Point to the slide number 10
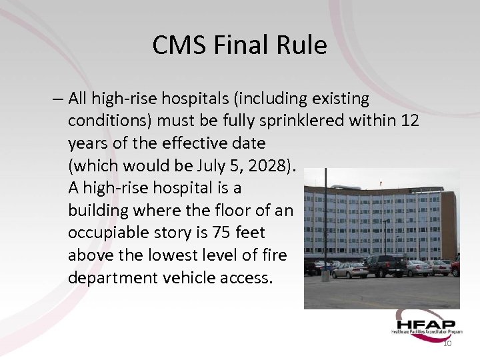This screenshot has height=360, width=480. (x=447, y=343)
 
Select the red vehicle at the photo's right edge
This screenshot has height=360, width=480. (x=455, y=266)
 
